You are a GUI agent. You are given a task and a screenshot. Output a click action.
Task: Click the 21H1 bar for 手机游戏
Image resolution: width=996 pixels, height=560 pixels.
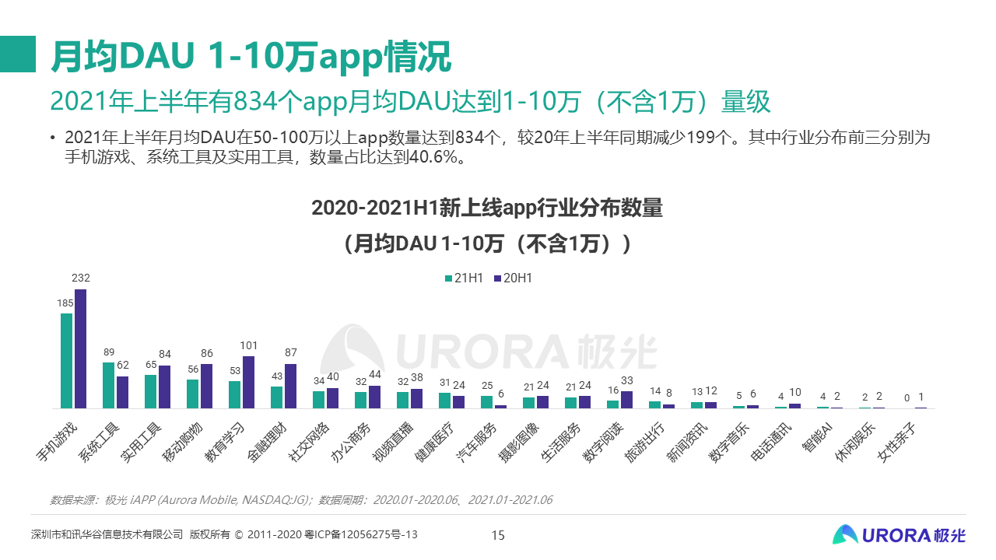click(66, 361)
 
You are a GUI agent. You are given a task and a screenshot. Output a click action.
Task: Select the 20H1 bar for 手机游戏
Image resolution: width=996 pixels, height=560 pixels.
click(80, 348)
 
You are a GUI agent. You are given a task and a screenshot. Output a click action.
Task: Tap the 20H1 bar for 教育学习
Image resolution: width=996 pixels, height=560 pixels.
click(248, 382)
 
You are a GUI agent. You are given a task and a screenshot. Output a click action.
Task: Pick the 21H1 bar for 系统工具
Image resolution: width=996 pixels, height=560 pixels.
click(108, 385)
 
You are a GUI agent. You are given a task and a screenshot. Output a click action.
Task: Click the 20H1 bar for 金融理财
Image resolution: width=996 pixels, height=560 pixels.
click(290, 386)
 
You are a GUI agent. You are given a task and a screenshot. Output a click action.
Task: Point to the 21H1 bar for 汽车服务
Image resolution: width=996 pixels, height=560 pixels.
click(486, 402)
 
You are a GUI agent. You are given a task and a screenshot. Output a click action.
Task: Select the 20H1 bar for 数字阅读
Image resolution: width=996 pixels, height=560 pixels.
click(626, 400)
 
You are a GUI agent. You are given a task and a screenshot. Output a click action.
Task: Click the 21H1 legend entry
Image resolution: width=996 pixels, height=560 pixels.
click(465, 278)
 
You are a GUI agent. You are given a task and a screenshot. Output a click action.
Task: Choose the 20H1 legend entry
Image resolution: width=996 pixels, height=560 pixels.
click(513, 278)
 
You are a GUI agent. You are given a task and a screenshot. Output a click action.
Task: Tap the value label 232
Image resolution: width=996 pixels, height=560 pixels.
click(81, 278)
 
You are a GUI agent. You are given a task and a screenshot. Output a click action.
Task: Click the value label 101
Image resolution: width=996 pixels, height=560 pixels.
click(248, 345)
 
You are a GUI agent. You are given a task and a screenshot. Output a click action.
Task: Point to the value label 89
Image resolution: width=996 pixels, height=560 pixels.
click(109, 352)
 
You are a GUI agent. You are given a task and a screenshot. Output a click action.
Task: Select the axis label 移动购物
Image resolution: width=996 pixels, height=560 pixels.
click(182, 443)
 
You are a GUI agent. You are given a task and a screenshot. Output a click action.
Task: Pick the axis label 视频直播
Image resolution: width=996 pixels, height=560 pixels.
click(393, 443)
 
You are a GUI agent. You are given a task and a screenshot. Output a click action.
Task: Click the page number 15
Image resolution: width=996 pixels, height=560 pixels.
click(498, 535)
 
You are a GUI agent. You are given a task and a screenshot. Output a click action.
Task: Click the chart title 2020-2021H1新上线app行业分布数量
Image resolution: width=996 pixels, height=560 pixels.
click(487, 208)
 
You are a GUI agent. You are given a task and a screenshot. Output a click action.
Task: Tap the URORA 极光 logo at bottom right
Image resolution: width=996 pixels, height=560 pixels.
click(899, 534)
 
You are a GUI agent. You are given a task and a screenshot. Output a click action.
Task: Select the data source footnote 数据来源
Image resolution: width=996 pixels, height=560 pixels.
click(301, 499)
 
